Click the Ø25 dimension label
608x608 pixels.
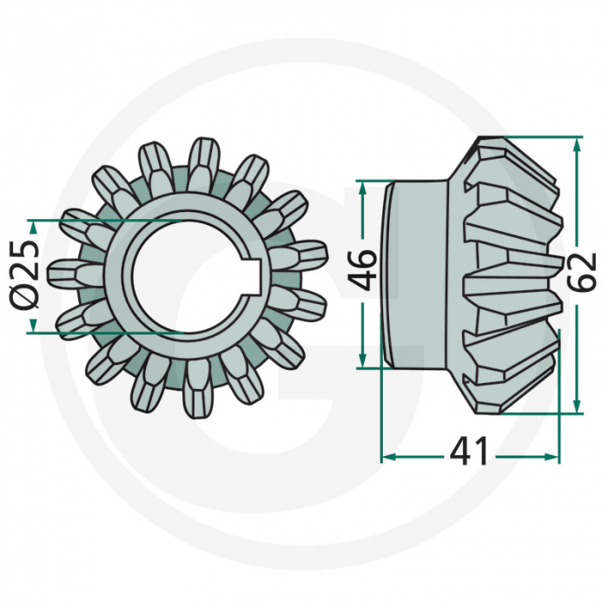point(27,274)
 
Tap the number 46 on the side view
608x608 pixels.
point(363,269)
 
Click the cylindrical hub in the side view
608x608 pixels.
point(417,273)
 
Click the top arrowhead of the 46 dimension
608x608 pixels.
point(362,187)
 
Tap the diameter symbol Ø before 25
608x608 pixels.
point(27,295)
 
